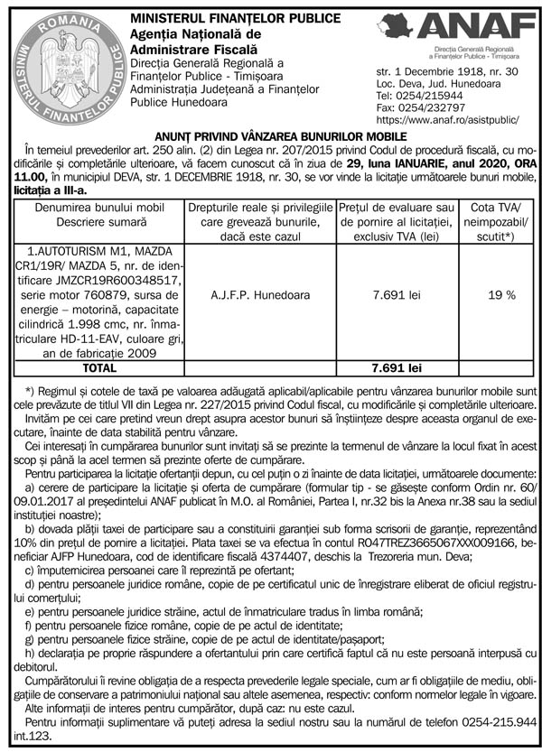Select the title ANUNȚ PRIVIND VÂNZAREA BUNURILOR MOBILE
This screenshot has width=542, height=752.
pyautogui.click(x=270, y=135)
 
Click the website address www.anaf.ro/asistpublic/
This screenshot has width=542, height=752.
pyautogui.click(x=446, y=118)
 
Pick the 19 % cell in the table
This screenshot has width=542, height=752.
pyautogui.click(x=501, y=294)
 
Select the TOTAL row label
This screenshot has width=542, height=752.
pyautogui.click(x=98, y=368)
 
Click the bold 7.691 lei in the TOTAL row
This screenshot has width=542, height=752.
pyautogui.click(x=397, y=368)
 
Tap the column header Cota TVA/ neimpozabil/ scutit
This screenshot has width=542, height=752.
pyautogui.click(x=501, y=221)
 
